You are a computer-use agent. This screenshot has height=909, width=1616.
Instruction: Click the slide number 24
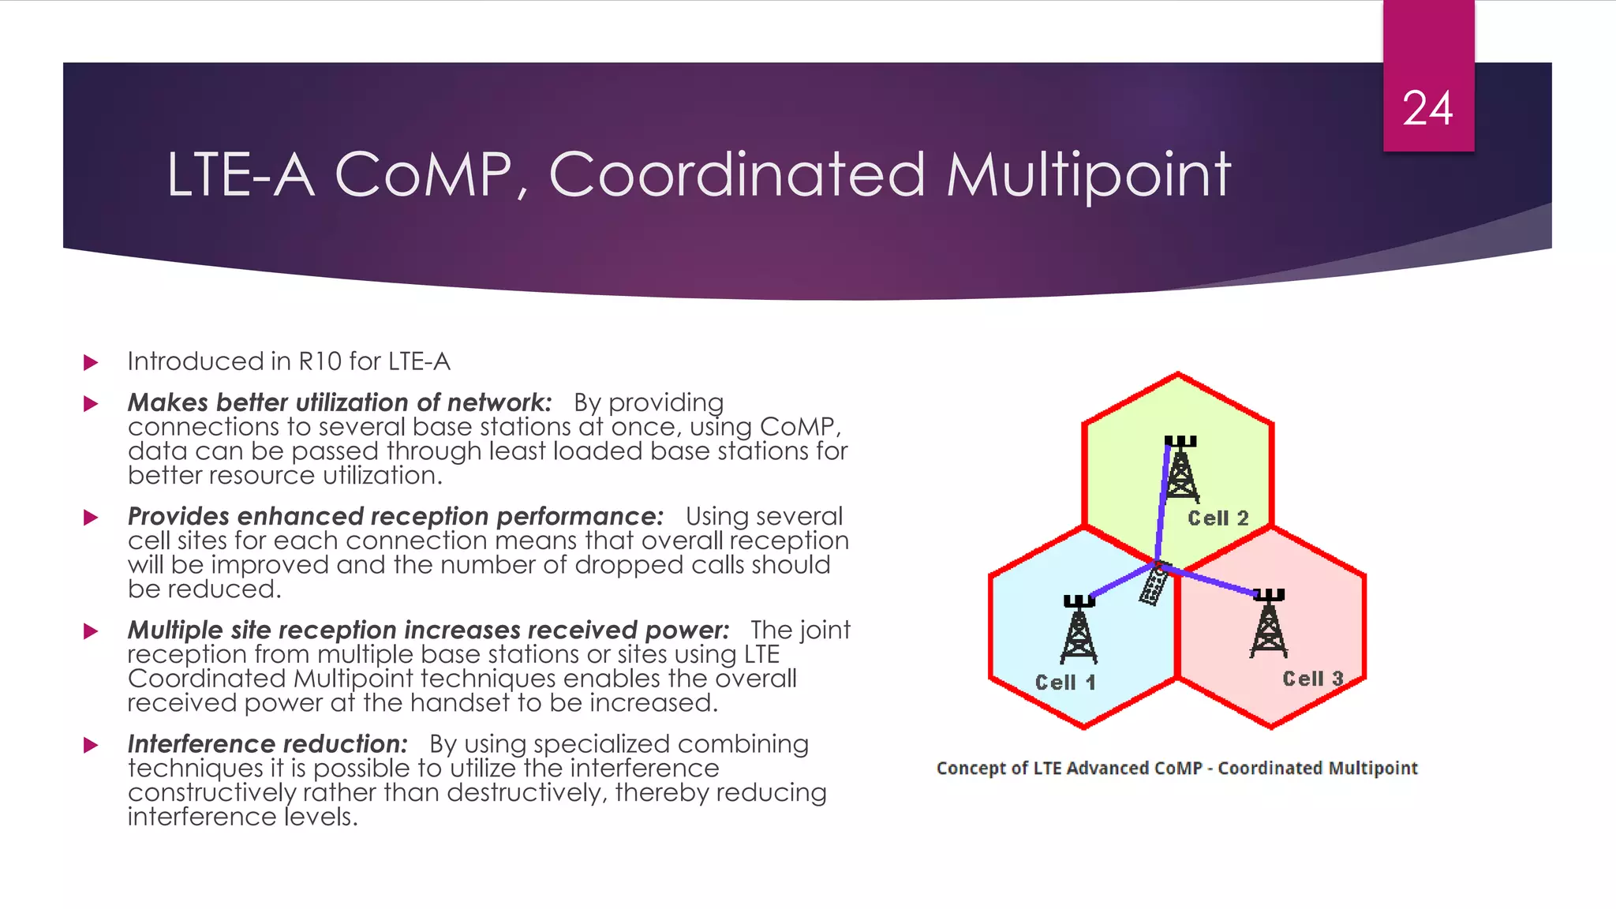click(1427, 109)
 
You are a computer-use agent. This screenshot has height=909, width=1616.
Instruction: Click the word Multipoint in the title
click(1088, 175)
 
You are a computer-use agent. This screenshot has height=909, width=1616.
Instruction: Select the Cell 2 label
click(1218, 518)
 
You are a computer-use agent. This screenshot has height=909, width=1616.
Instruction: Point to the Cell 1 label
click(1065, 683)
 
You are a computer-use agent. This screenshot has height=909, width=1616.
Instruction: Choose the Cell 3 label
click(1312, 679)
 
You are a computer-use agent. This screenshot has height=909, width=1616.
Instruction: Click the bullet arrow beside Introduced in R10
click(91, 362)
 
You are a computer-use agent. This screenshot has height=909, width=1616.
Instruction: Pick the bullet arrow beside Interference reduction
click(91, 745)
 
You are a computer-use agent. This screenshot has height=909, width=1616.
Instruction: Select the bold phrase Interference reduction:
click(267, 744)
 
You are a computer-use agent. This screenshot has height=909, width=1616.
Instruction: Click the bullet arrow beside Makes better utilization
click(91, 404)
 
